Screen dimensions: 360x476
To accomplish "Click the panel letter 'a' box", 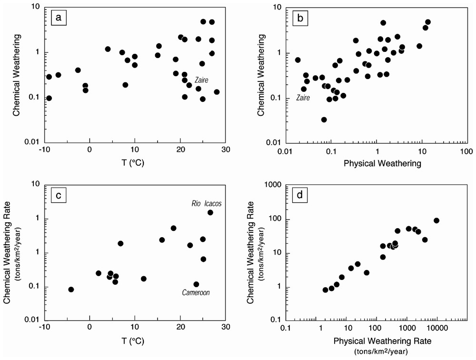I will [x=58, y=19].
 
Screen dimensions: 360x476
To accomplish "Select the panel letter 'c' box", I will [x=58, y=195].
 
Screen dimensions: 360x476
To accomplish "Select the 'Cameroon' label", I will [x=196, y=293].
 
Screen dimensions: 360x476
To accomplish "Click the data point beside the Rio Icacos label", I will [x=210, y=212].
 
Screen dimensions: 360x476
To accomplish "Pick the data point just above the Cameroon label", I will [x=196, y=284].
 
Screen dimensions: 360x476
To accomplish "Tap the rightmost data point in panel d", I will [x=436, y=220].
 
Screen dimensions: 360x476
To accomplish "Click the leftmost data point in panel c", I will [x=71, y=290].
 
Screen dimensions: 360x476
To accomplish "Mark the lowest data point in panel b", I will [x=324, y=120].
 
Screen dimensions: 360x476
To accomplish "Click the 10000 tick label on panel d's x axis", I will [x=438, y=328].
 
